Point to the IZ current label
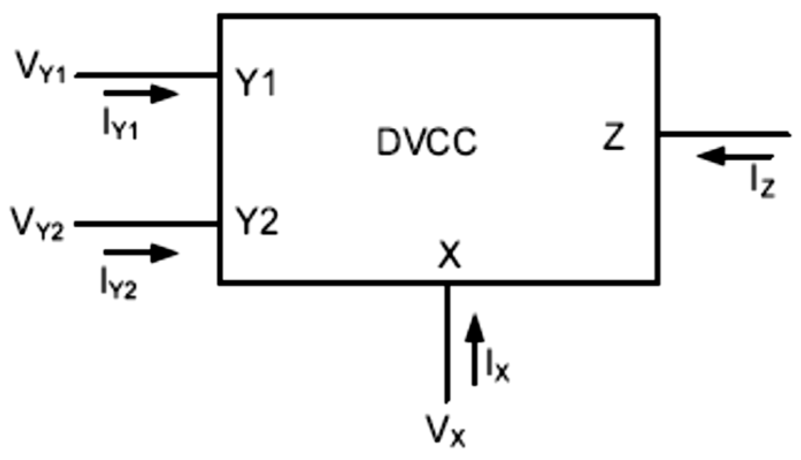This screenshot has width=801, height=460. tap(762, 186)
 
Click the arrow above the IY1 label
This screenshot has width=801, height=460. tap(141, 94)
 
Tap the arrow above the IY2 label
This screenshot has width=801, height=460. tap(141, 252)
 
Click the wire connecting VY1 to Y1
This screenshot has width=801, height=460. tap(147, 75)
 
